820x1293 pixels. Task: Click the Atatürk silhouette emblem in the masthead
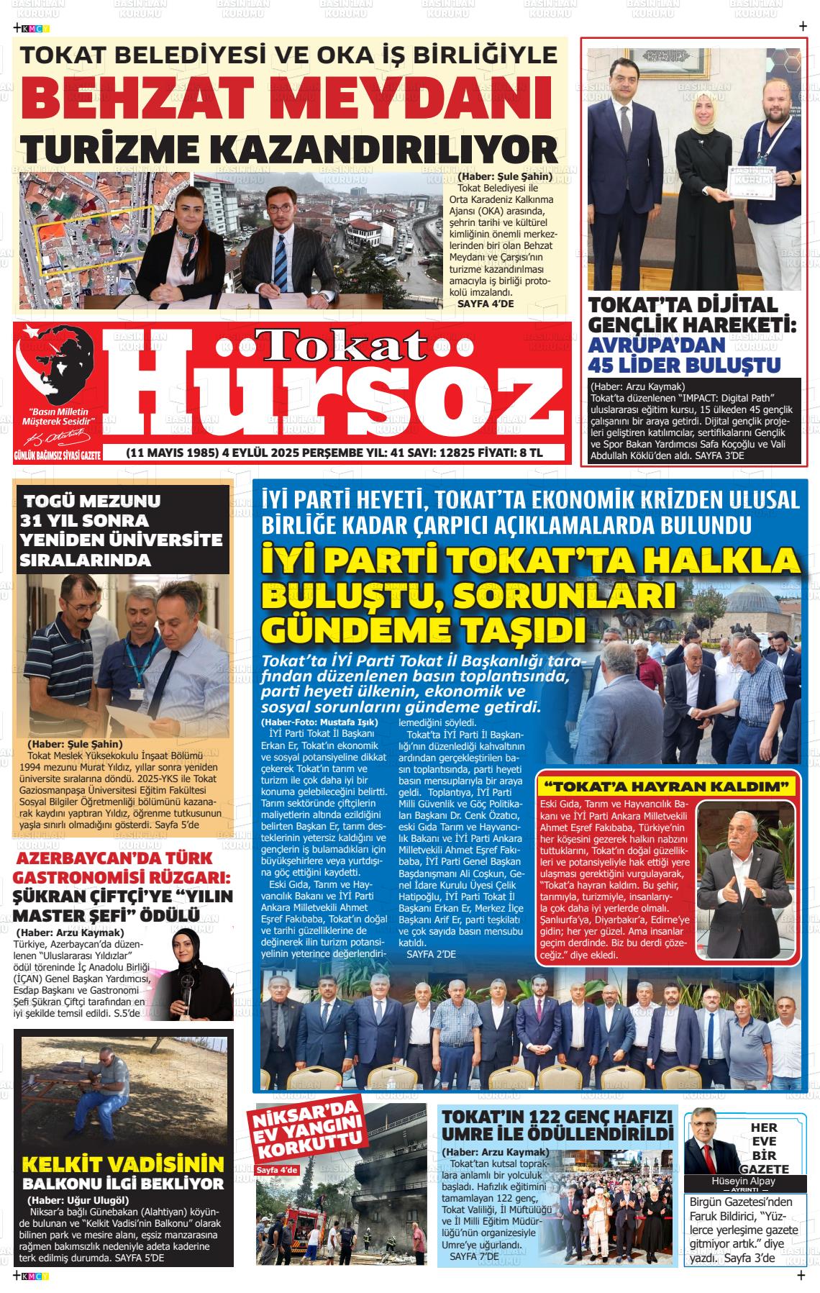coord(57,367)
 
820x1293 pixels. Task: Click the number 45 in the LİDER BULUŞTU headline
coord(605,364)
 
